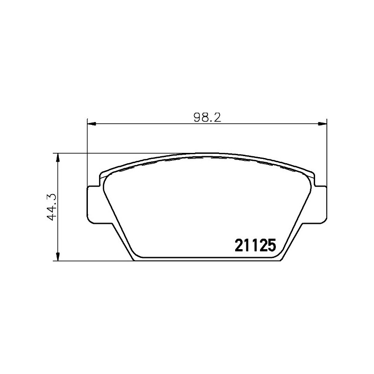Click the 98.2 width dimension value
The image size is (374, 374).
[208, 117]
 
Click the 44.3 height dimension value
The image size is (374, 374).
[52, 207]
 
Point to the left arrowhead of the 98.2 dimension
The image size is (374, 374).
[92, 123]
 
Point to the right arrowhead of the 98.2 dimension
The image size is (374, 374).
[323, 123]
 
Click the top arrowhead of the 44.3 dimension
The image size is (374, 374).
[57, 158]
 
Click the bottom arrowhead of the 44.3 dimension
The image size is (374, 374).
[57, 257]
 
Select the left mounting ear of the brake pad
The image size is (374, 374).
[93, 205]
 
